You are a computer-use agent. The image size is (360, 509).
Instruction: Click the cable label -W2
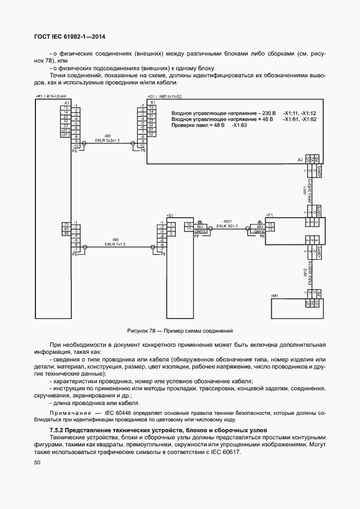tap(107, 136)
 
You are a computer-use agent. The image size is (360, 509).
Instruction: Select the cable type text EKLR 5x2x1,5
tap(107, 140)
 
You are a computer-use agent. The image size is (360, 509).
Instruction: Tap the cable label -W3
tap(115, 240)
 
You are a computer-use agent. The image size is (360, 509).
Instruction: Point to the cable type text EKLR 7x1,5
tap(115, 244)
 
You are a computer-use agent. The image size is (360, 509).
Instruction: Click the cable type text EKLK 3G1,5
tap(228, 225)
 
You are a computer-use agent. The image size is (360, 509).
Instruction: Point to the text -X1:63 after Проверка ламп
tap(239, 125)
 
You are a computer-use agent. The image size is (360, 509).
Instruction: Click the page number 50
tap(38, 463)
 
